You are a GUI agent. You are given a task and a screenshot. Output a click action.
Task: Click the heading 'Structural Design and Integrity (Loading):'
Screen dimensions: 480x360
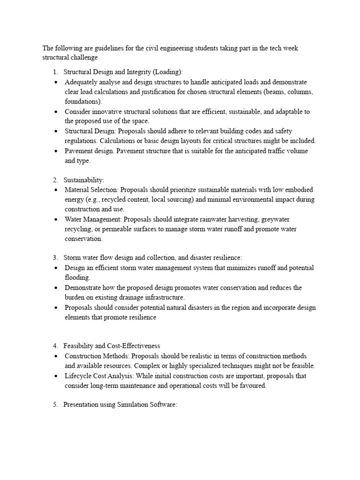click(123, 72)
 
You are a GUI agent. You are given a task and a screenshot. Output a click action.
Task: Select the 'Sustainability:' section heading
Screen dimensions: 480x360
click(84, 180)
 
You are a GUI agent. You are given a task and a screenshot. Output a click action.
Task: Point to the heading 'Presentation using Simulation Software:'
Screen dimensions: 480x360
click(120, 405)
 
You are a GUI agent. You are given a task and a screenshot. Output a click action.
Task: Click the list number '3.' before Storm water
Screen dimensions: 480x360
click(55, 257)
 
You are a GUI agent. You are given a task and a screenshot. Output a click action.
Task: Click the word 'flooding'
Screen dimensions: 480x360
click(76, 277)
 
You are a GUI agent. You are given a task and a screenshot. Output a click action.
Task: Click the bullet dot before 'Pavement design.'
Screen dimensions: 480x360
click(56, 151)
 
